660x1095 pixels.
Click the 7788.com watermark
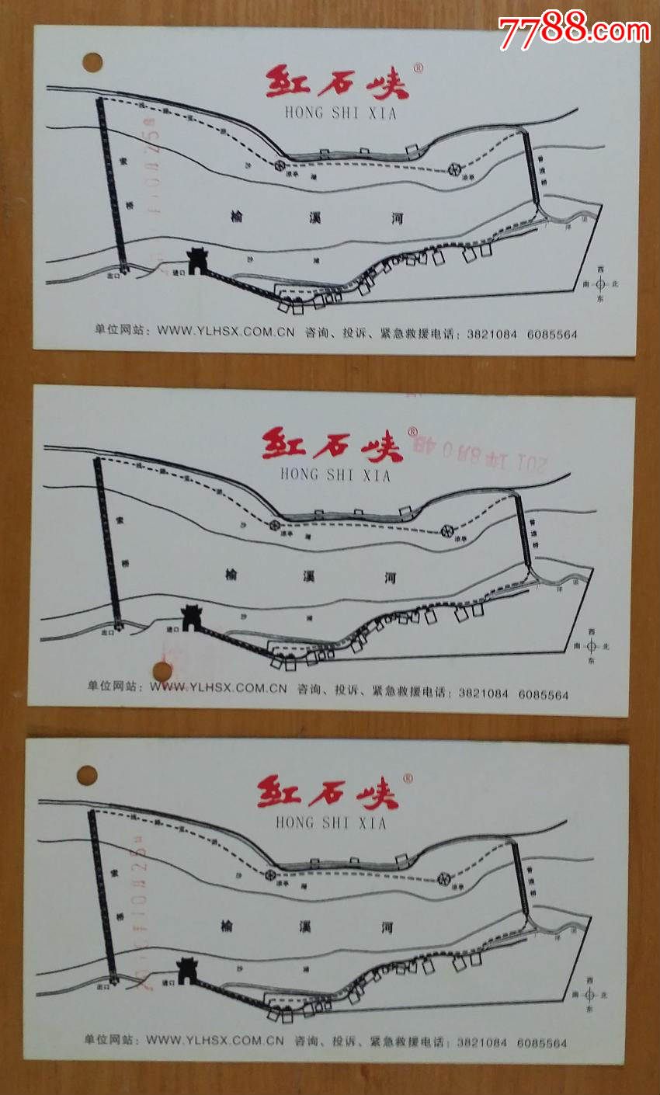[x=574, y=31]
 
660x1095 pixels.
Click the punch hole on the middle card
[x=162, y=671]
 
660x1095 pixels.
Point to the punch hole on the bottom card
[x=87, y=775]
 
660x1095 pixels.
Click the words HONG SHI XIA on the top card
[x=340, y=113]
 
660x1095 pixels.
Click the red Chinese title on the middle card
[x=332, y=444]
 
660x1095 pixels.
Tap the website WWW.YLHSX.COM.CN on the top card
[x=226, y=330]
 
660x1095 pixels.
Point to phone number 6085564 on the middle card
[x=544, y=694]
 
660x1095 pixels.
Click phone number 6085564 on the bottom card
[x=542, y=1043]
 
